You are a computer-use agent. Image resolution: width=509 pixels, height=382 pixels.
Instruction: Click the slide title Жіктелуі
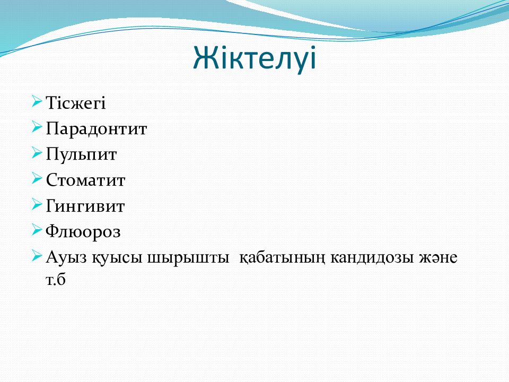[254, 58]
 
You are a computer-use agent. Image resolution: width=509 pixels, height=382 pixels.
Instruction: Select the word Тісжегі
[76, 103]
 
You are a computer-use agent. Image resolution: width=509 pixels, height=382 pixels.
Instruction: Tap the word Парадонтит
[96, 129]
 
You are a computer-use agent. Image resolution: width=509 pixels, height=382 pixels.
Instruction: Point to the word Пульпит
[81, 154]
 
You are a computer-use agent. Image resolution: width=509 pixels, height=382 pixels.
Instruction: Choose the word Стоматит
[85, 180]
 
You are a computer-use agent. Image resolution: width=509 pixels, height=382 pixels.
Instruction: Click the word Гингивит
[85, 206]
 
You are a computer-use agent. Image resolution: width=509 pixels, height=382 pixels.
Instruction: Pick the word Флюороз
[83, 232]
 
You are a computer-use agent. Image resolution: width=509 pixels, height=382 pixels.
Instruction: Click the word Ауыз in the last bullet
[67, 257]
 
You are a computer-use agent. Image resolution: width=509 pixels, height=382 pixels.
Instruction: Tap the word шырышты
[188, 258]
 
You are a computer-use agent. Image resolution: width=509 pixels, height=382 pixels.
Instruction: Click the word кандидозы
[372, 258]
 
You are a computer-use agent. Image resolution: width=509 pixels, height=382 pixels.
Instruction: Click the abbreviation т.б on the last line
[56, 280]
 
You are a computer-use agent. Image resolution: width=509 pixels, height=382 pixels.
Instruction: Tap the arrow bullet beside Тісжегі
[37, 102]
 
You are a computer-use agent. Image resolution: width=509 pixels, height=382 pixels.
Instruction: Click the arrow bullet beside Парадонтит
[37, 127]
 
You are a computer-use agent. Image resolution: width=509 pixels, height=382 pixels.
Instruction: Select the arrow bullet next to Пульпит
[37, 153]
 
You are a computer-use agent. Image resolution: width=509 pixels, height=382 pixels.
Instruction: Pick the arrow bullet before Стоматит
[37, 179]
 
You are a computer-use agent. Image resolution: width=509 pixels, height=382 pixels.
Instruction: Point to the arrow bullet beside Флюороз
[37, 230]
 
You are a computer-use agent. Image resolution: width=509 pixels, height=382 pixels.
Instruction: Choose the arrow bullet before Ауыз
[37, 256]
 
